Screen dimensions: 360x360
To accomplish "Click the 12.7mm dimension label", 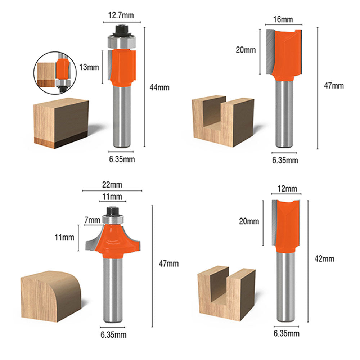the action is pos(121,15).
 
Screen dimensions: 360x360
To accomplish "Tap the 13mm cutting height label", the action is pos(89,67).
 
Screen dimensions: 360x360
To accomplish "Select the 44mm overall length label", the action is pos(159,87).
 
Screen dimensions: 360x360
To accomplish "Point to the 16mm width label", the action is pos(283,19).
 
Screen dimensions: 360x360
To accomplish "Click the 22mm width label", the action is pos(112,185).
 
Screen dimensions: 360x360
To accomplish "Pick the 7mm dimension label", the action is pos(92,220).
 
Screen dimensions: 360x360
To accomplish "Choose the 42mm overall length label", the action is pos(324,259).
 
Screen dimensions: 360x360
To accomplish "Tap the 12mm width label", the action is pos(287,189).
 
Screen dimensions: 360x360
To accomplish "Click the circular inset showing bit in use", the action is pos(55,73).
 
